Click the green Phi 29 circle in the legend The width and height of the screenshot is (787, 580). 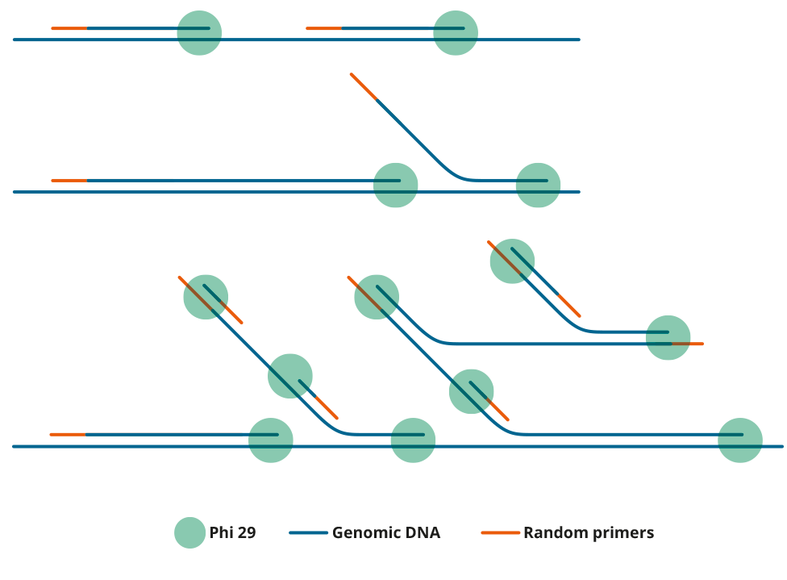(x=190, y=532)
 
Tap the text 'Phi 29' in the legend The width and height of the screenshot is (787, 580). (x=232, y=532)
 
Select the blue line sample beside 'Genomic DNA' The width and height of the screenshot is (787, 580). (x=308, y=532)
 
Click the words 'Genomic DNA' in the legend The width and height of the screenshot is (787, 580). (x=385, y=532)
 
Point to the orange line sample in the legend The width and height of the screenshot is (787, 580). (x=500, y=532)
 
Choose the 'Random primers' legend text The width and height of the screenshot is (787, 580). (x=588, y=532)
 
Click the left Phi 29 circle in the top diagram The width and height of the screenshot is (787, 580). (x=199, y=33)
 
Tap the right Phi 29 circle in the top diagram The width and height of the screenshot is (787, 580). (x=456, y=33)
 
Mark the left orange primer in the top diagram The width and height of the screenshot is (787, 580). (x=69, y=28)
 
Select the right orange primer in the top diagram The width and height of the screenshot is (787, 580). (x=323, y=28)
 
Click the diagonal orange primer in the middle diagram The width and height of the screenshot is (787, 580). (x=364, y=86)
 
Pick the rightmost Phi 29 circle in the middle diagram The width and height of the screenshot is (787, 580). (x=538, y=185)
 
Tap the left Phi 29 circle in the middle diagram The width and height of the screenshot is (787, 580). (x=395, y=185)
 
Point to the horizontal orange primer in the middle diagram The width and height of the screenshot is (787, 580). (x=69, y=180)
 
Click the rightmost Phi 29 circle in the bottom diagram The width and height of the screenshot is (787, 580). (x=739, y=440)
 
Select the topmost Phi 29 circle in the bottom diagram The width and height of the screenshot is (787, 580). (x=511, y=261)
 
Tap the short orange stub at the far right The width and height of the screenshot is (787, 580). (x=689, y=344)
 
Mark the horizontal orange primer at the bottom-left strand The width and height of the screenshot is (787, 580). (x=68, y=434)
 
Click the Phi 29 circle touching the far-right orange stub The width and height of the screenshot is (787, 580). (x=668, y=337)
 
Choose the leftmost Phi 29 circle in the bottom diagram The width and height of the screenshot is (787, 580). (x=206, y=297)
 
